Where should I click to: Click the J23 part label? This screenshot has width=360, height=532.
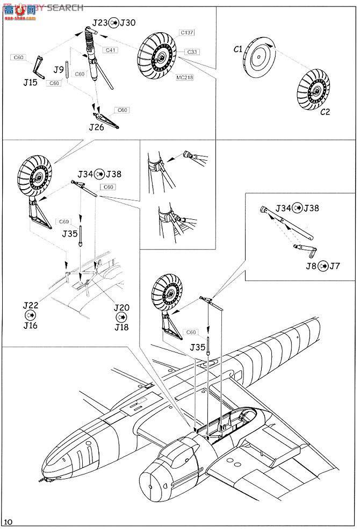[99, 23]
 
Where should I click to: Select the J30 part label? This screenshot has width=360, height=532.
[128, 23]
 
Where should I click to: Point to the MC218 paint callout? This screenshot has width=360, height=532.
[184, 77]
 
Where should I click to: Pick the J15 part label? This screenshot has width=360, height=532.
[31, 83]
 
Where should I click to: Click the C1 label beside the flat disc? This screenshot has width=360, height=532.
[238, 49]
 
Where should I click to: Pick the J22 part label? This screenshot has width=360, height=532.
[31, 305]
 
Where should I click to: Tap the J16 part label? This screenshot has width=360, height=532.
[31, 325]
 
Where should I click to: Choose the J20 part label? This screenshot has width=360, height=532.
[122, 308]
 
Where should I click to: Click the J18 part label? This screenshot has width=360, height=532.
[122, 327]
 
